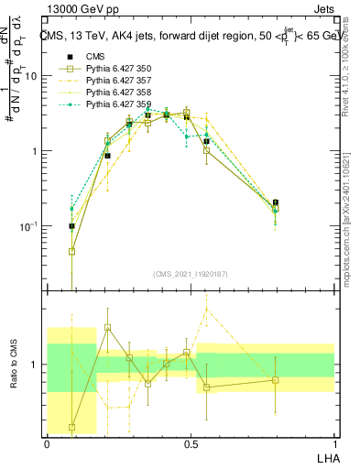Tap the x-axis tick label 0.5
190,442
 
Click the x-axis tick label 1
333,442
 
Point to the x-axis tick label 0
47,442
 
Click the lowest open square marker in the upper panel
71,251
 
